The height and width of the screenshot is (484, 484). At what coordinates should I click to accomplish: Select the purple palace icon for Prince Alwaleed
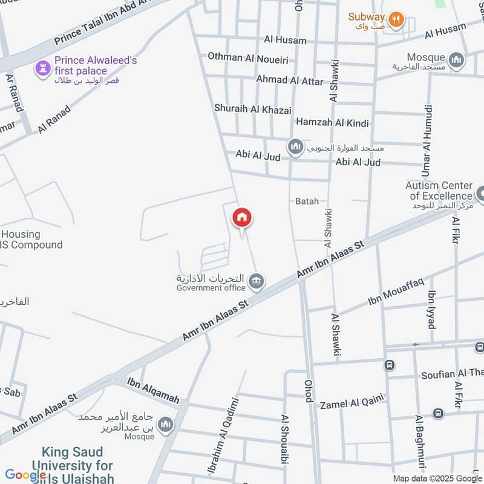[x=42, y=68]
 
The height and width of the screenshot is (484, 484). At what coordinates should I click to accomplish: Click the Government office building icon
[x=257, y=281]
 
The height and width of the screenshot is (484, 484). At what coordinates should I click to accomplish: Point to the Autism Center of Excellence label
[x=439, y=191]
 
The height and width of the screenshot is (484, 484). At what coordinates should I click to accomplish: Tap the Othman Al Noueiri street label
[x=247, y=57]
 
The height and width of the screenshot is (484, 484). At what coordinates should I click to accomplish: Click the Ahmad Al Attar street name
[x=289, y=79]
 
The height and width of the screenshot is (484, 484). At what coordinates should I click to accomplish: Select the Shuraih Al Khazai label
[x=252, y=109]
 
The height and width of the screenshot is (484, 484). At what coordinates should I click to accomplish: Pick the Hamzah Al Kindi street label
[x=332, y=123]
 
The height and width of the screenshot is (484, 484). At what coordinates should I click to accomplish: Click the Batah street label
[x=307, y=201]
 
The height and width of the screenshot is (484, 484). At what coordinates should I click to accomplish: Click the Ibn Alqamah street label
[x=154, y=390]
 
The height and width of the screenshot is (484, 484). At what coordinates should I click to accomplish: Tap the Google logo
[x=25, y=475]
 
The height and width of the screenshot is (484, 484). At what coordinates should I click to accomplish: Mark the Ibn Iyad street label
[x=432, y=309]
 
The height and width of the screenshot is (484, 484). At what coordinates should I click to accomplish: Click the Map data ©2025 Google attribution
[x=437, y=478]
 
